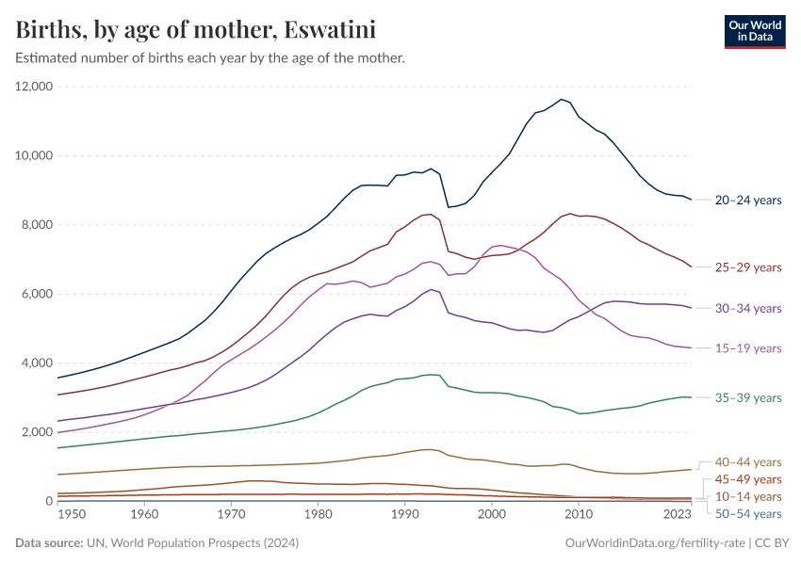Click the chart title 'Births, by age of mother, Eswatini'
click(196, 30)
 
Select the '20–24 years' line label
click(747, 201)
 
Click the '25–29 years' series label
click(747, 267)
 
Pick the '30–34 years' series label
click(747, 308)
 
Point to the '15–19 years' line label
click(747, 348)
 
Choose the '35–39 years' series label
click(747, 398)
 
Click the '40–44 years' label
click(747, 462)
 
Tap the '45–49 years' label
click(747, 479)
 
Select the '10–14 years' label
click(747, 496)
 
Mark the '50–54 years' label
click(747, 513)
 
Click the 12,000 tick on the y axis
click(34, 87)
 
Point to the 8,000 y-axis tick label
click(37, 225)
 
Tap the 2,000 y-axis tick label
click(37, 432)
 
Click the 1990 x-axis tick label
click(404, 515)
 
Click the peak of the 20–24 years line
click(562, 99)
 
